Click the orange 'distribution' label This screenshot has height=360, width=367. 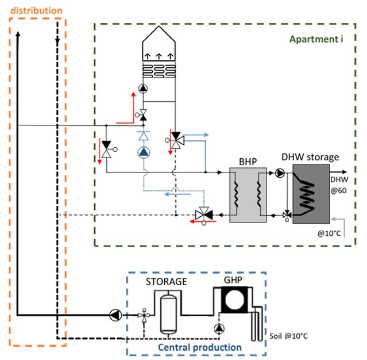pos(36,11)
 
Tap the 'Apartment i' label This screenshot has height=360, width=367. pos(316,39)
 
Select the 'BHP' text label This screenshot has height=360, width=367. pos(248,162)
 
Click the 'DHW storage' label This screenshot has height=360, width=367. pos(310,157)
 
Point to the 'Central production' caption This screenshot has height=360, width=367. pos(200,347)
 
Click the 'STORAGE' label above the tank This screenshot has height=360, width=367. pos(167,281)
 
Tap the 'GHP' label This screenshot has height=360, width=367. pos(233,280)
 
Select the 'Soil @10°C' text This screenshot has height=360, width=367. pos(288,336)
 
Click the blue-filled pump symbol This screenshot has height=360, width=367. pos(144,152)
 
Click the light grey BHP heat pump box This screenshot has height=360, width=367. pos(248,195)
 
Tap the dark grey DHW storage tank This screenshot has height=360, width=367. pos(311,194)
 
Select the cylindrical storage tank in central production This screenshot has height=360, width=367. pos(168,314)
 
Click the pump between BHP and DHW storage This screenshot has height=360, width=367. pos(280,173)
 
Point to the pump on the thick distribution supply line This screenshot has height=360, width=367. pos(115,315)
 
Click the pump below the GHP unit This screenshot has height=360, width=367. pos(219,328)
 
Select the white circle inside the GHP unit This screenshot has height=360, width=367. pos(234,300)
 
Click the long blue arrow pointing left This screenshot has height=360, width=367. pos(177,194)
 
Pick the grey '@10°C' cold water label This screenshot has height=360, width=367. pos(329,233)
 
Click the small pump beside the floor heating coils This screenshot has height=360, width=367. pos(143,89)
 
